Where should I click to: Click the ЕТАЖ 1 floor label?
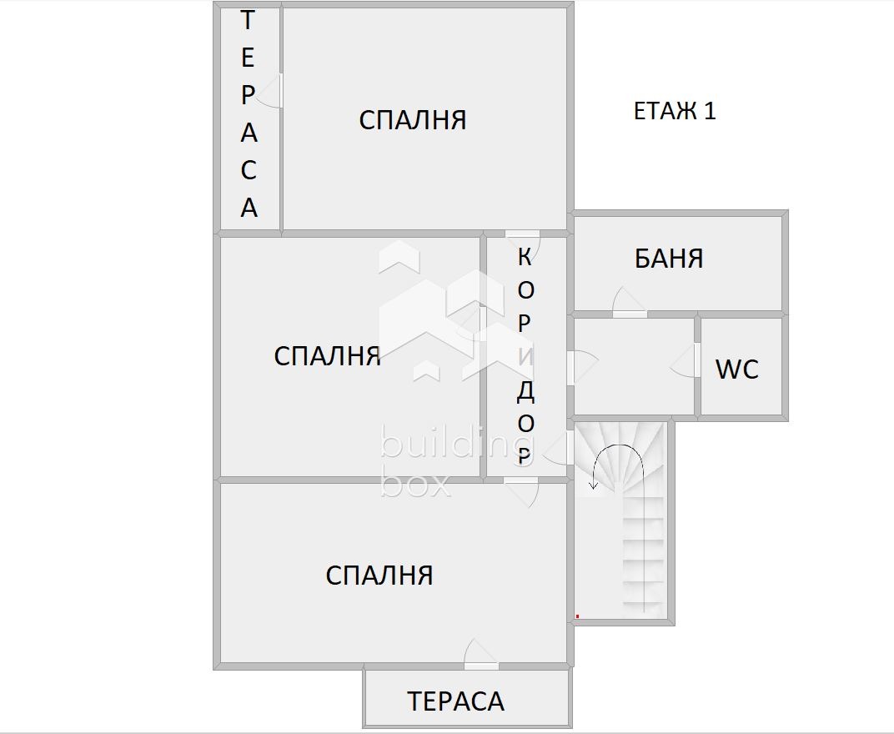(675, 111)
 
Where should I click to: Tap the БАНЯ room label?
(669, 259)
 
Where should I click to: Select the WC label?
(737, 369)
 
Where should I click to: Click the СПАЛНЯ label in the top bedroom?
(413, 120)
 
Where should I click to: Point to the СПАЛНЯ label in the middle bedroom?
(328, 356)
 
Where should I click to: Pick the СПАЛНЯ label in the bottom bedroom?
(379, 576)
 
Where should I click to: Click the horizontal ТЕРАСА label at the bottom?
(456, 701)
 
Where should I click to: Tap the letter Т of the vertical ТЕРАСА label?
(248, 21)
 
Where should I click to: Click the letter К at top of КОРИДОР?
(525, 257)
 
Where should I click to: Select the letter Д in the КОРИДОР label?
(525, 390)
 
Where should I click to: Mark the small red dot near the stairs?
(577, 616)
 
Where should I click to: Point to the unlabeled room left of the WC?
(634, 367)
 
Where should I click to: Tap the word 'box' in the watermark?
(415, 483)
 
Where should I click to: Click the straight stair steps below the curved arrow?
(644, 559)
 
